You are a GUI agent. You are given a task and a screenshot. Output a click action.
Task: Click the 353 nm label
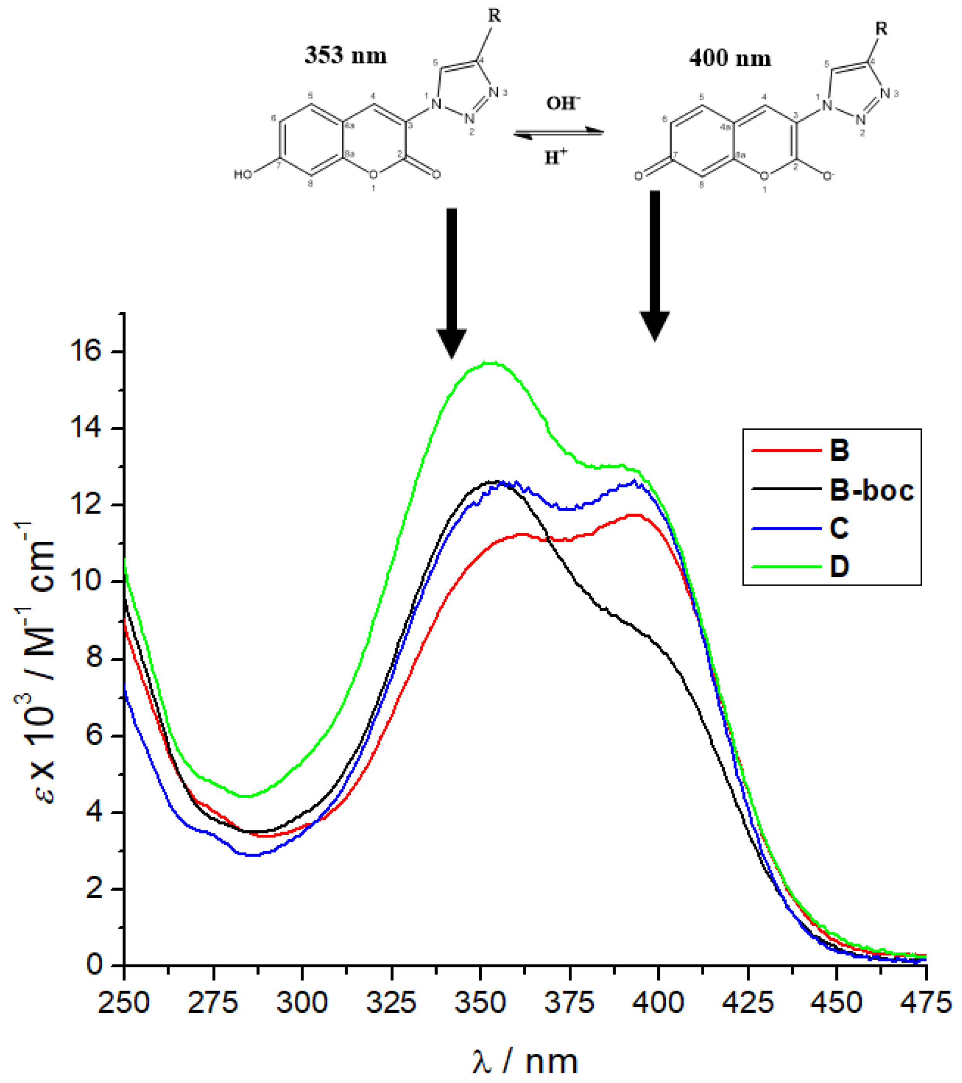pyautogui.click(x=345, y=55)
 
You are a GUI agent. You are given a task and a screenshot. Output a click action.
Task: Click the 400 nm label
pyautogui.click(x=730, y=58)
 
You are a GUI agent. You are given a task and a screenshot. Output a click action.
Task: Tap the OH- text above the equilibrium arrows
pyautogui.click(x=563, y=103)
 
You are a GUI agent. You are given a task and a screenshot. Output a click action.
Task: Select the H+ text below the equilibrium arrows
pyautogui.click(x=556, y=157)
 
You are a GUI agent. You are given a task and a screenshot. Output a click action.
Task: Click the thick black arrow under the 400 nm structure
pyautogui.click(x=655, y=265)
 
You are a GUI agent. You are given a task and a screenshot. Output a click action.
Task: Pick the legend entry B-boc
pyautogui.click(x=871, y=490)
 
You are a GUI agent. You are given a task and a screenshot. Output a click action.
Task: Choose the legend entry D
pyautogui.click(x=839, y=566)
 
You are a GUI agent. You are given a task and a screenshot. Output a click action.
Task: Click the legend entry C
pyautogui.click(x=839, y=528)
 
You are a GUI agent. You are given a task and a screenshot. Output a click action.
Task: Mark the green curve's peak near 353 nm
pyautogui.click(x=490, y=363)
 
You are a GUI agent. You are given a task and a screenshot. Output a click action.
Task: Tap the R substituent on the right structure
pyautogui.click(x=881, y=29)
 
